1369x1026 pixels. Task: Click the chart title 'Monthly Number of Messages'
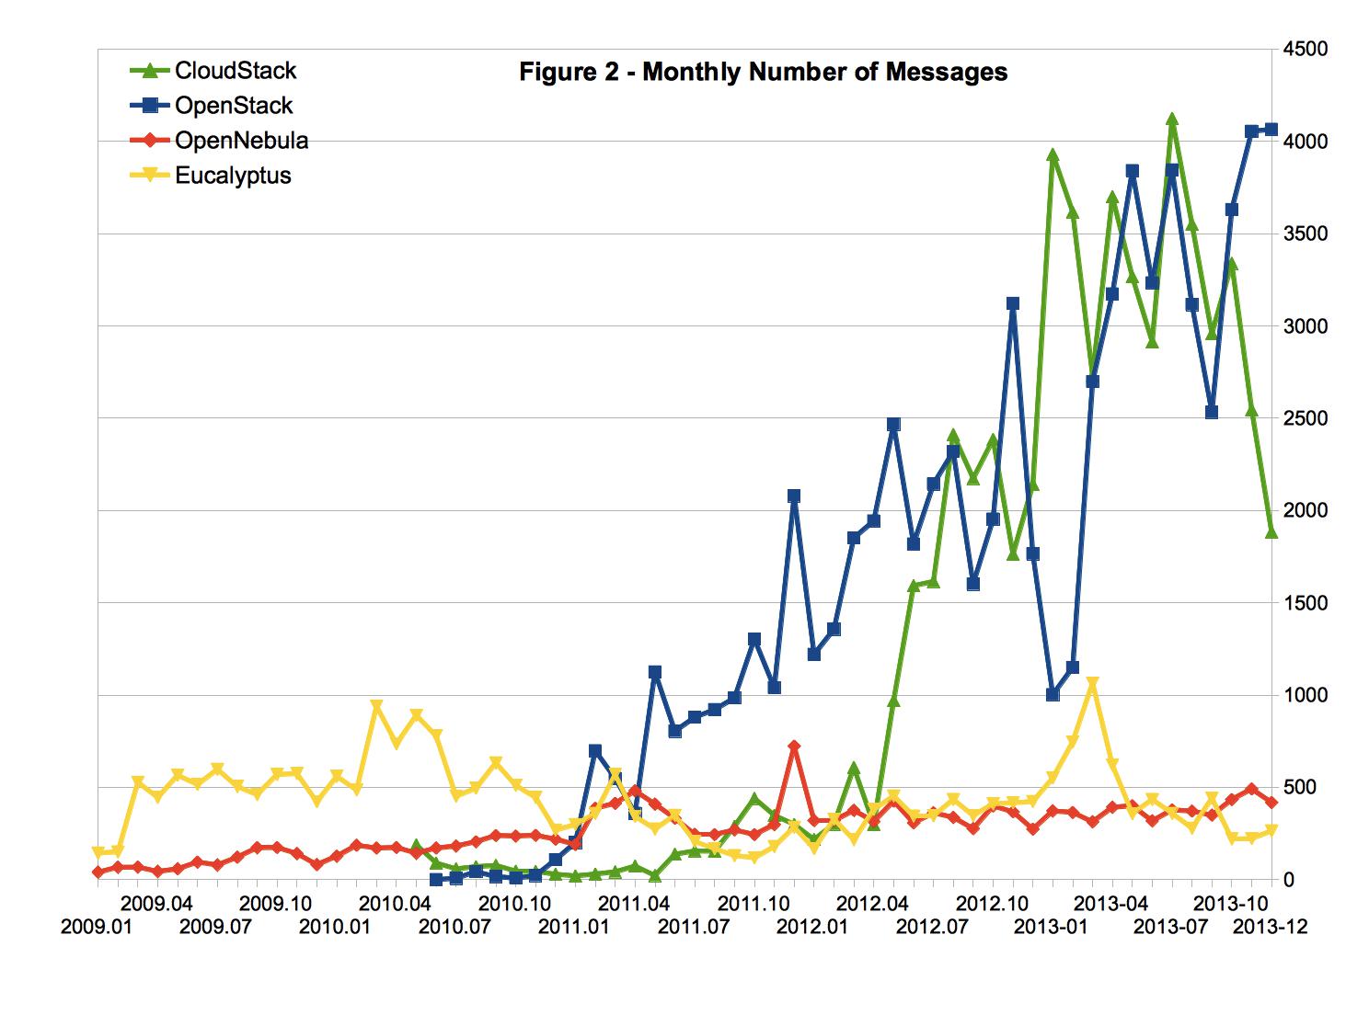click(763, 72)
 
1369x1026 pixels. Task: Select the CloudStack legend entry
click(236, 70)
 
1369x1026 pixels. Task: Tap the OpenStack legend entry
click(234, 106)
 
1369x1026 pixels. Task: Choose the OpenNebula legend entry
click(241, 141)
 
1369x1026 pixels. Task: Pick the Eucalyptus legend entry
click(233, 176)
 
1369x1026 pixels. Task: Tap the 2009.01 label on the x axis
click(97, 927)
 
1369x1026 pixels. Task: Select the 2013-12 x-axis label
click(1270, 927)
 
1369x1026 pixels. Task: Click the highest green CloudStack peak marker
click(1172, 120)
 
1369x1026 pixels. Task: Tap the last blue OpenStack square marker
click(1271, 130)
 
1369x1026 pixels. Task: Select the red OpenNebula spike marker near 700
click(794, 747)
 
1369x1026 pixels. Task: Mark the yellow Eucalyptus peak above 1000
click(1092, 684)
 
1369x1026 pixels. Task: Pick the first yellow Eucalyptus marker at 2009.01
click(98, 853)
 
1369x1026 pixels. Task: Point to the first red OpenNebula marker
click(98, 872)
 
